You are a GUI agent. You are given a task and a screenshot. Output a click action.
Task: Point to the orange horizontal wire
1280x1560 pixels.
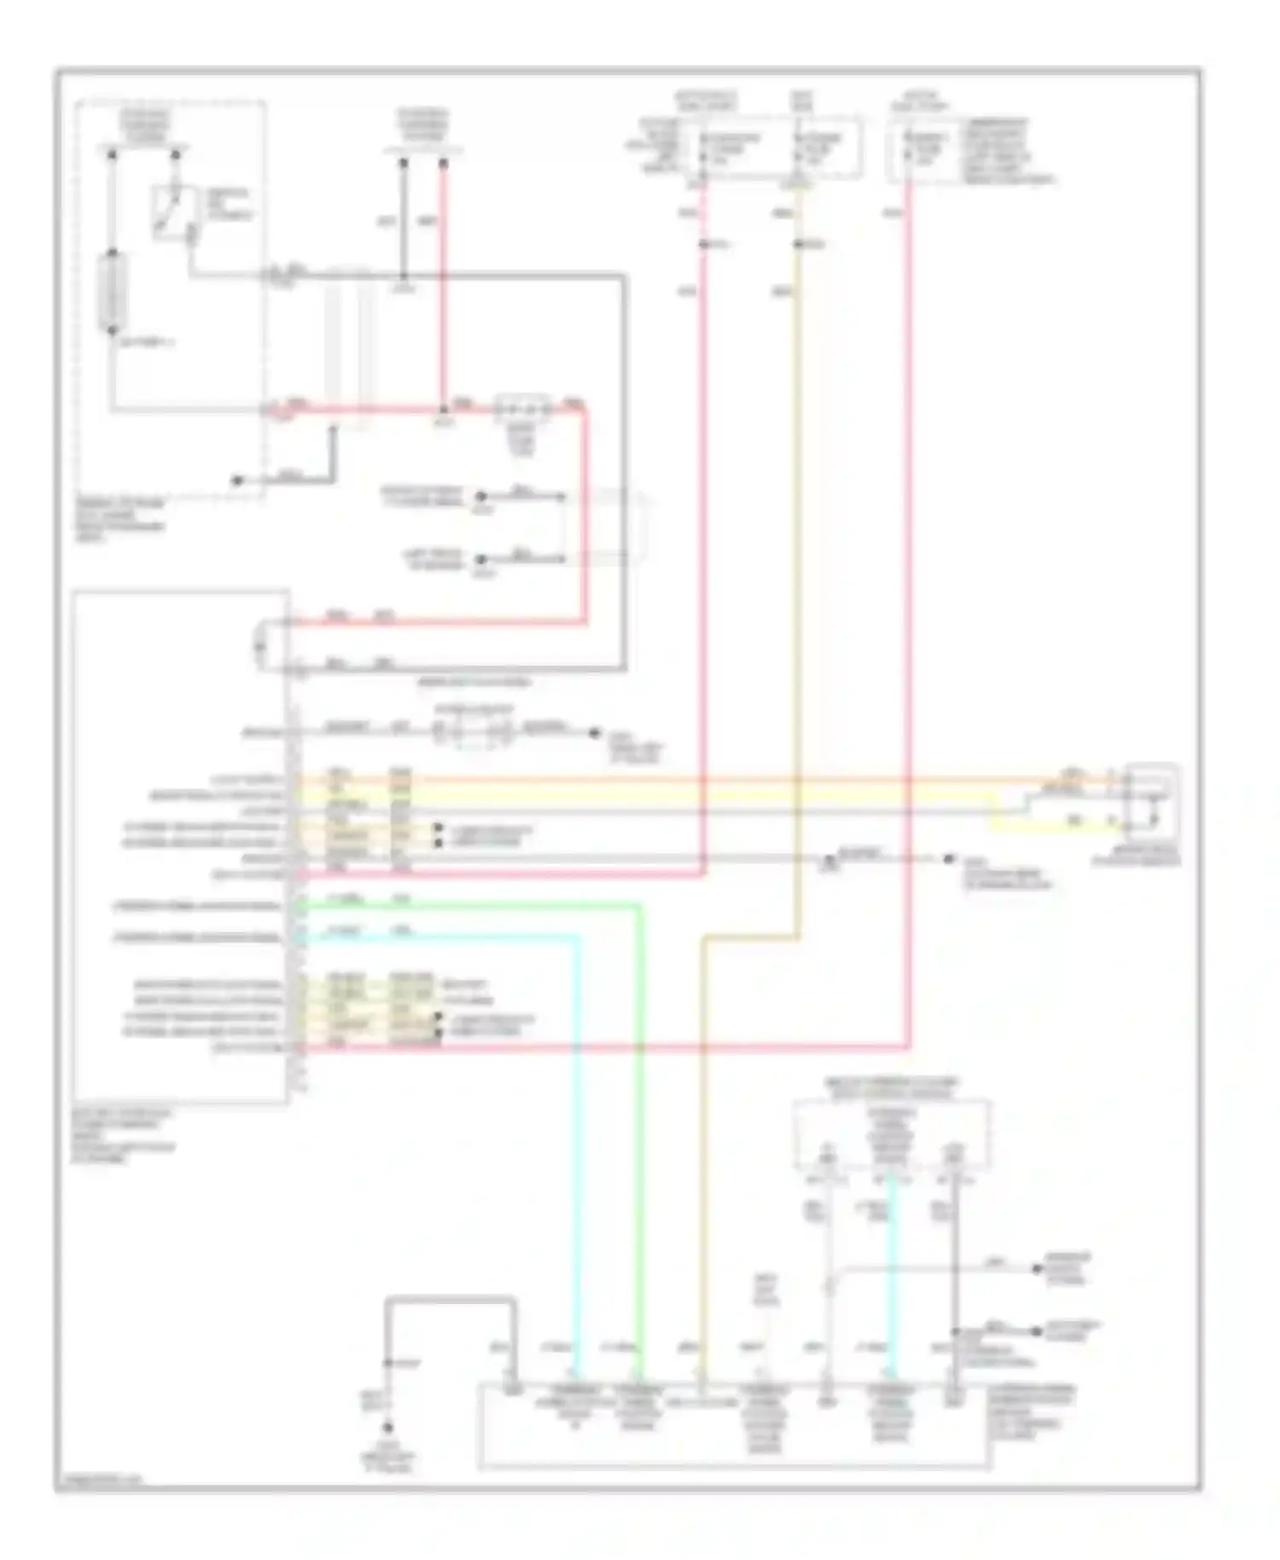[x=683, y=779]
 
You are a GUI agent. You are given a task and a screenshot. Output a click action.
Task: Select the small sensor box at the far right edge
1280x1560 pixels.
[x=1152, y=803]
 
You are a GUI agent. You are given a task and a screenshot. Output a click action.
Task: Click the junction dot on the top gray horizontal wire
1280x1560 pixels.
[x=404, y=276]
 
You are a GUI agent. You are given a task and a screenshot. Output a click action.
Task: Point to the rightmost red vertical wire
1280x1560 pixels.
[x=909, y=597]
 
